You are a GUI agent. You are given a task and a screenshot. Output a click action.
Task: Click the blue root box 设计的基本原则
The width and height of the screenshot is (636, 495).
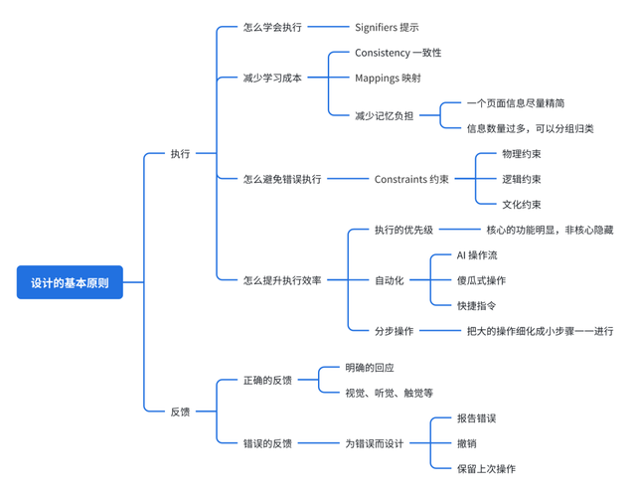coord(70,282)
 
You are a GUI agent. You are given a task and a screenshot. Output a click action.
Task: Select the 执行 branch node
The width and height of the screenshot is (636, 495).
coord(180,154)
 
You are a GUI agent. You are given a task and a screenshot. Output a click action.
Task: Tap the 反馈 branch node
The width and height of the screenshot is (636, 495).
coord(180,411)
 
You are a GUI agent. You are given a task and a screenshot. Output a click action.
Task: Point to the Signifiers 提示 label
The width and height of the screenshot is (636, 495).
coord(387,27)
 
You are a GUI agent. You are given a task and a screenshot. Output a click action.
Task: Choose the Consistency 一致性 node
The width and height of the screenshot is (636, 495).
coord(397,52)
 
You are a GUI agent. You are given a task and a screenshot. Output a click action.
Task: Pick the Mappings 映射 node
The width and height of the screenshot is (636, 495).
coord(388,78)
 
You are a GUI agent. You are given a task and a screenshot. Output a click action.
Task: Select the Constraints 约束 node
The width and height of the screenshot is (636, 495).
coord(411,180)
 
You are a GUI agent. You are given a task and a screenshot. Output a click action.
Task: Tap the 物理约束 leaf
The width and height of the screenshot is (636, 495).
coord(521,154)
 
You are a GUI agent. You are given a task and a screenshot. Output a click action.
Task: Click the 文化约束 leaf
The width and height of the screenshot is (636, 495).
coord(521,205)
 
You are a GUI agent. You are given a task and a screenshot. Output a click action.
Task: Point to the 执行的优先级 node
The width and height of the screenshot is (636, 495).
coord(403,230)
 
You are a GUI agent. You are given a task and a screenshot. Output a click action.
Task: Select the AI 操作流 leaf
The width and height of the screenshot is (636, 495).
coord(483,255)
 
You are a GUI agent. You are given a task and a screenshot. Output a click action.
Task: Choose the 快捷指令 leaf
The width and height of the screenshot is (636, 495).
coord(477,306)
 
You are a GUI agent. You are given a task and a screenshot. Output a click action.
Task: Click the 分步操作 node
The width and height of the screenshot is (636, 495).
coord(394,331)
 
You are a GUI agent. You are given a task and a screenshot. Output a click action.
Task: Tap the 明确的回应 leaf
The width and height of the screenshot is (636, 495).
coord(370,368)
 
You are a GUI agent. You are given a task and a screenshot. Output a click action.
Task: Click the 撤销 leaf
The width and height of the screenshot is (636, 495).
coord(466,443)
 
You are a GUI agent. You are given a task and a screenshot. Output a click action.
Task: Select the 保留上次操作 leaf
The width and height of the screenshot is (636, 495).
coord(486,469)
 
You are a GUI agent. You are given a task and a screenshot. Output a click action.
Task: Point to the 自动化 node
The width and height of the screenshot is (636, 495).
coord(389,280)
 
